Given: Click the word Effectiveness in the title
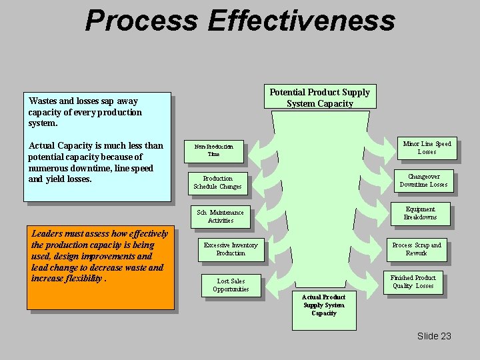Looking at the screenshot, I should pos(301,20).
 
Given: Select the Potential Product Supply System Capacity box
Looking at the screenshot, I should pos(319,97).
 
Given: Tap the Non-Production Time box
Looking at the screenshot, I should pos(213,150).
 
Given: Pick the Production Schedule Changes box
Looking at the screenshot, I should pos(217,183).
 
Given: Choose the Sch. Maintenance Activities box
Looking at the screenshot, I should pos(220,216).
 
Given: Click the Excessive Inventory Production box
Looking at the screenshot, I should pos(230,249).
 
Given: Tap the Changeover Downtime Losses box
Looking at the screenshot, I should pos(423,181).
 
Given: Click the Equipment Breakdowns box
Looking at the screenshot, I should pos(420,213).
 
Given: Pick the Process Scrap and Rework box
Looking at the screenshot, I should pos(417,249).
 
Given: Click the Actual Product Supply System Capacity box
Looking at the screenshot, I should pos(324,309).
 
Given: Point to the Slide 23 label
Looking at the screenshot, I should pos(434,336).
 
